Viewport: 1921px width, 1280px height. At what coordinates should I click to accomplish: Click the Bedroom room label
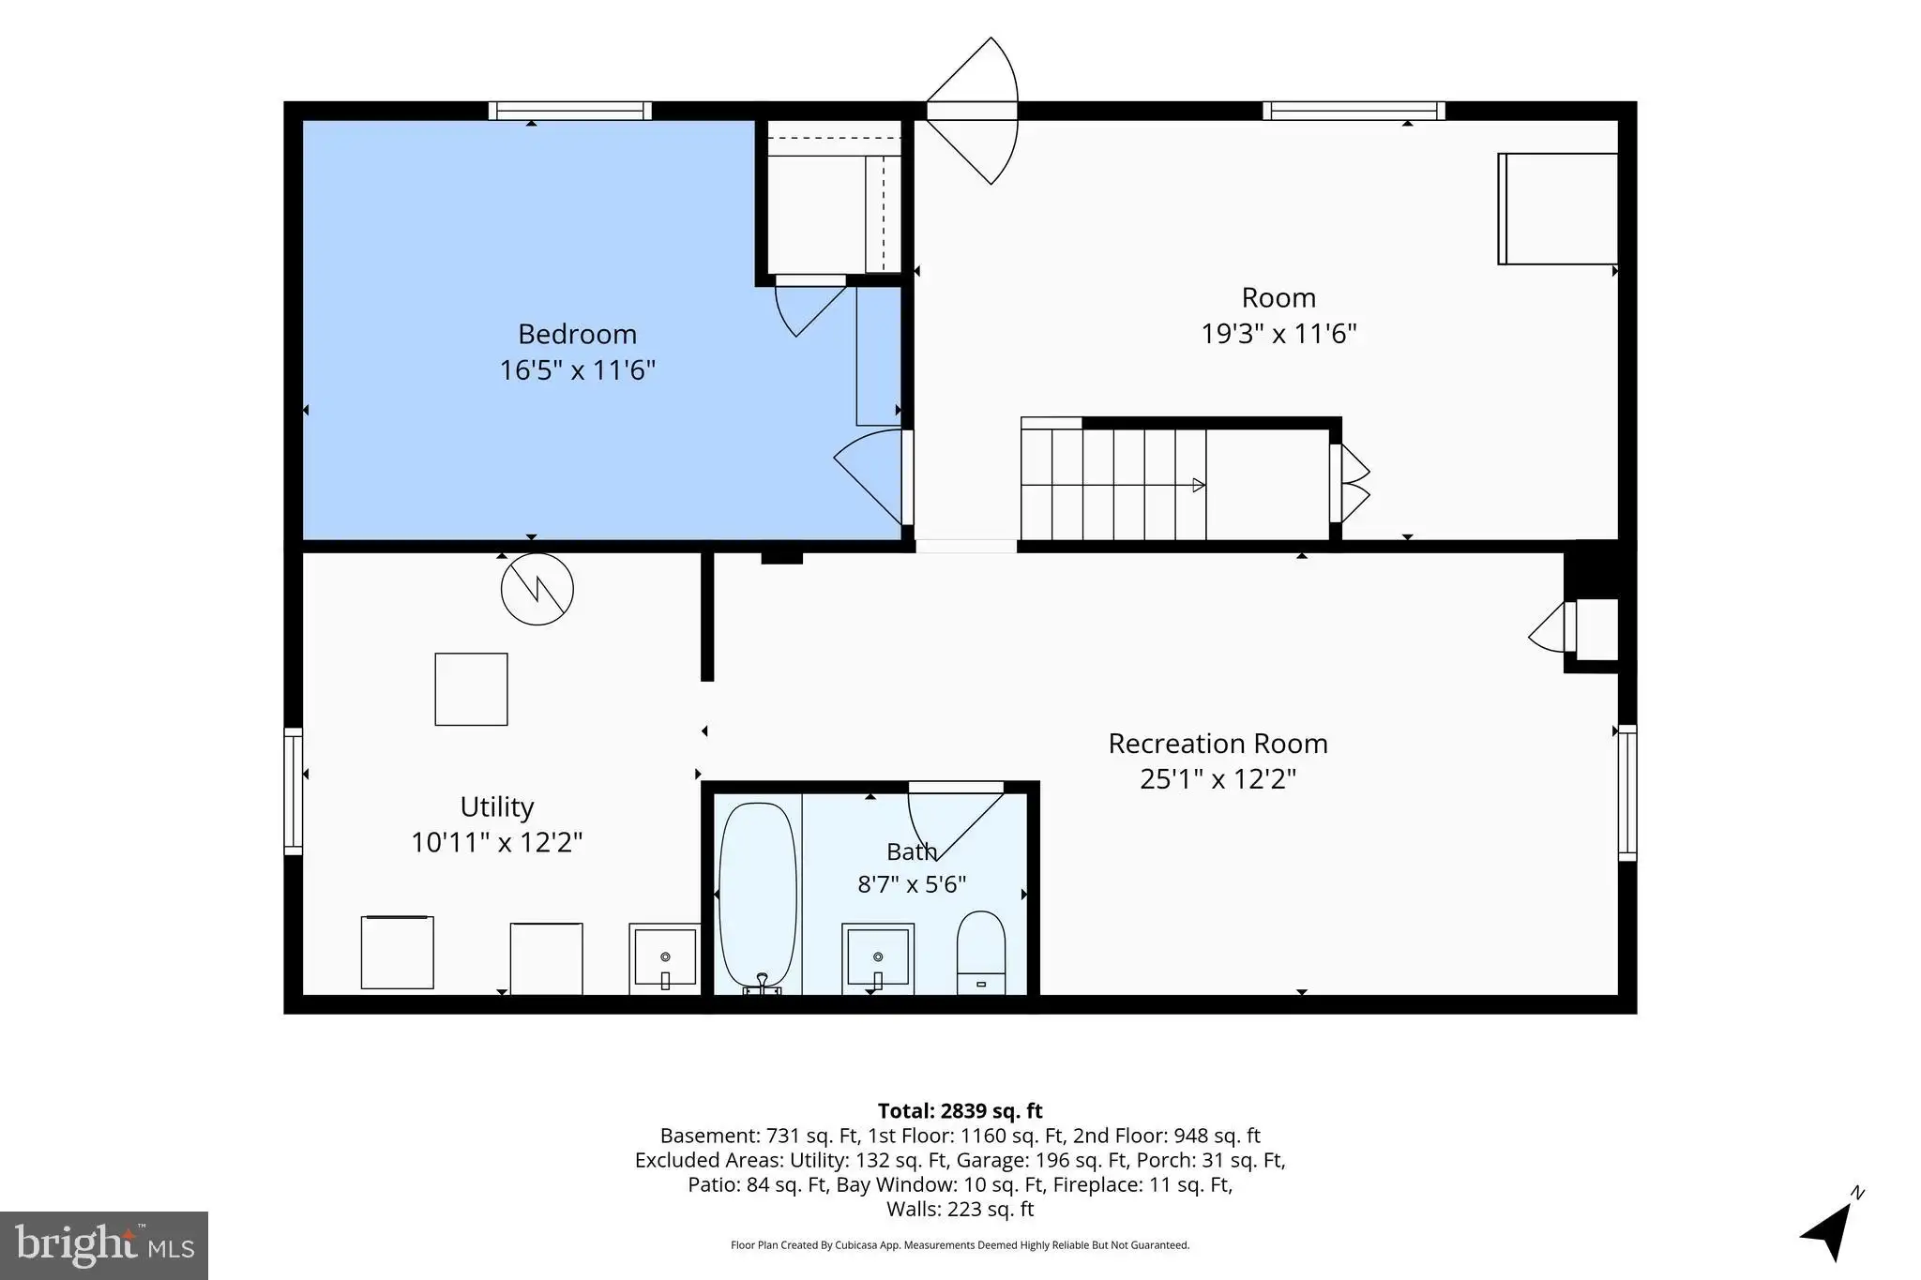click(577, 334)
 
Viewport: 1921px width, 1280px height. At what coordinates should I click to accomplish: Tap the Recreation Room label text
click(1218, 744)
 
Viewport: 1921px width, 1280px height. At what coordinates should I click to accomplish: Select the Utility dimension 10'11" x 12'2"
click(497, 842)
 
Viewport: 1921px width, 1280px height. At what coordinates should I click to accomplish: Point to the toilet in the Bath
click(981, 952)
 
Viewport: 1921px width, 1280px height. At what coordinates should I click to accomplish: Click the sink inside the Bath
click(878, 958)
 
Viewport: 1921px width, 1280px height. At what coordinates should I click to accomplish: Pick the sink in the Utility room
click(665, 958)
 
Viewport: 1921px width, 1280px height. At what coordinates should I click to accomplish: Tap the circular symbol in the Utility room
click(537, 590)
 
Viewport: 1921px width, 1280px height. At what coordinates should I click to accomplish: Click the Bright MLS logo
click(104, 1245)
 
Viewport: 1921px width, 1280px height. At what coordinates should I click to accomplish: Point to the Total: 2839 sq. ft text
click(960, 1111)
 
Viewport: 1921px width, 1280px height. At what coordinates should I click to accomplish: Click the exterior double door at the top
click(973, 111)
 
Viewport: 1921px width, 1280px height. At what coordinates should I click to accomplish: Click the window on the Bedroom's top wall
click(570, 111)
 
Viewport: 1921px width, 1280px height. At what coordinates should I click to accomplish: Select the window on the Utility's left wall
click(294, 791)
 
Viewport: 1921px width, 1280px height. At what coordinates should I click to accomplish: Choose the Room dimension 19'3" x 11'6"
click(1279, 334)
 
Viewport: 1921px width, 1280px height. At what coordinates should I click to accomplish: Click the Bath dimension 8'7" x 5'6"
click(912, 884)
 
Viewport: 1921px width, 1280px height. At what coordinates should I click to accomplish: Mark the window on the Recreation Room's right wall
click(1627, 792)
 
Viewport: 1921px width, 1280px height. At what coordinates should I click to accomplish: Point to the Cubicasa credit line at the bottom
click(960, 1245)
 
